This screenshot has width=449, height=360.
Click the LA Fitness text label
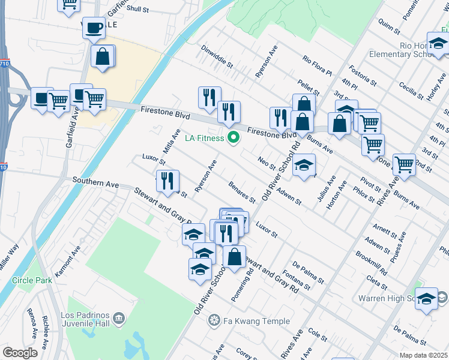point(204,139)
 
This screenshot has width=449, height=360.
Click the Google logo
point(20,352)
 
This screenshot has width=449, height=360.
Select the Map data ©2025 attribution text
point(423,355)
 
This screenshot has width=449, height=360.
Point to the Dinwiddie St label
point(217,57)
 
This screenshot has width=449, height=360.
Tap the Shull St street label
point(137,9)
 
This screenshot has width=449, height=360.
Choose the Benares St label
point(243,192)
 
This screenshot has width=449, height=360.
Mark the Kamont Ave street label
point(67,261)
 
